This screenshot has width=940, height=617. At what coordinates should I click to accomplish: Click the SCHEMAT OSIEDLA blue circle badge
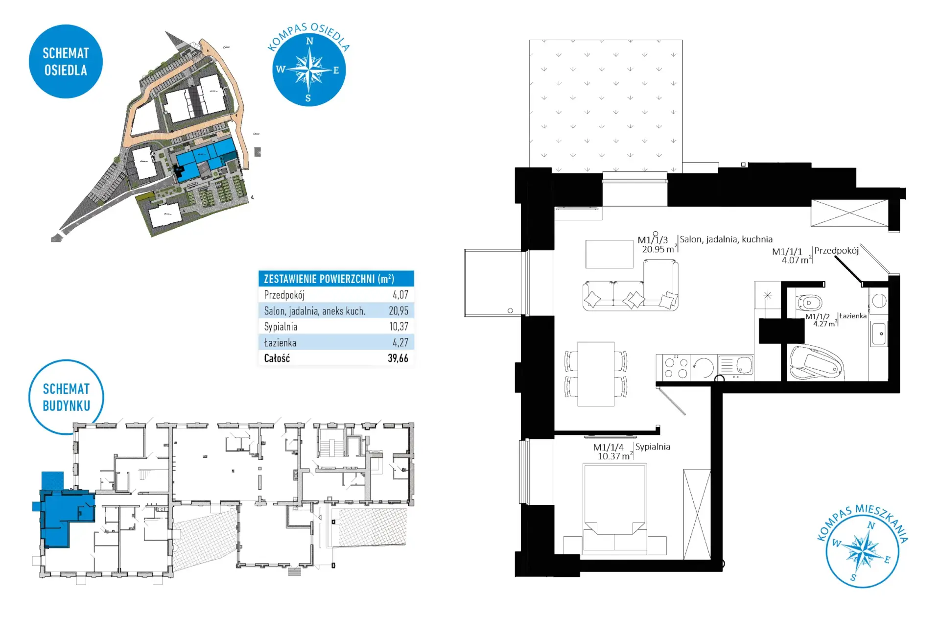[66, 62]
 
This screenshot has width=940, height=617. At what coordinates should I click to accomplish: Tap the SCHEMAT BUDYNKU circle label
[66, 397]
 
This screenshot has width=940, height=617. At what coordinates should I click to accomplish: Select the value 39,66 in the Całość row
[398, 358]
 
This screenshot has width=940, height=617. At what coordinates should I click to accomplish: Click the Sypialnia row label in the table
[281, 327]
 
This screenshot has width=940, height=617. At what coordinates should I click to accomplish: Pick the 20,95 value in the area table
[399, 310]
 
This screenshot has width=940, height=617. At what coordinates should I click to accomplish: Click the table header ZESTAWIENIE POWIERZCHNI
[329, 279]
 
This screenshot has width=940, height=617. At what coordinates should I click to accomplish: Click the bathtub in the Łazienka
[816, 363]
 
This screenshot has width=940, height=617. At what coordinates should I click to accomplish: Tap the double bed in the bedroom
[614, 509]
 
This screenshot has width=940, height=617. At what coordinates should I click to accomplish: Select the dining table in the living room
[596, 374]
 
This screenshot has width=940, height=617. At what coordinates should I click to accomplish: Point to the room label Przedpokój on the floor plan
[836, 251]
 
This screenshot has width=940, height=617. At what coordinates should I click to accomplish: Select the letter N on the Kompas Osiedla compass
[309, 41]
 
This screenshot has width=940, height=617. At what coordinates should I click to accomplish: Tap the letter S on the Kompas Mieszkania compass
[853, 577]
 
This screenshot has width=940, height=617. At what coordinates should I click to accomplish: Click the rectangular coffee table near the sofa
[610, 254]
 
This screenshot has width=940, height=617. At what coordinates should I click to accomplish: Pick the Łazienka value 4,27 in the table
[400, 342]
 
